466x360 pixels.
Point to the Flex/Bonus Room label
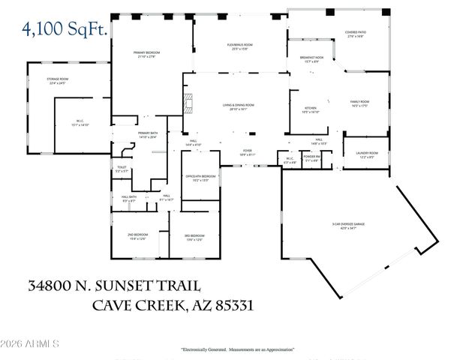[x=240, y=47]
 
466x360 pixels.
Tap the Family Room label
[x=359, y=103]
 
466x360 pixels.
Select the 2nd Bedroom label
[x=137, y=237]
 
